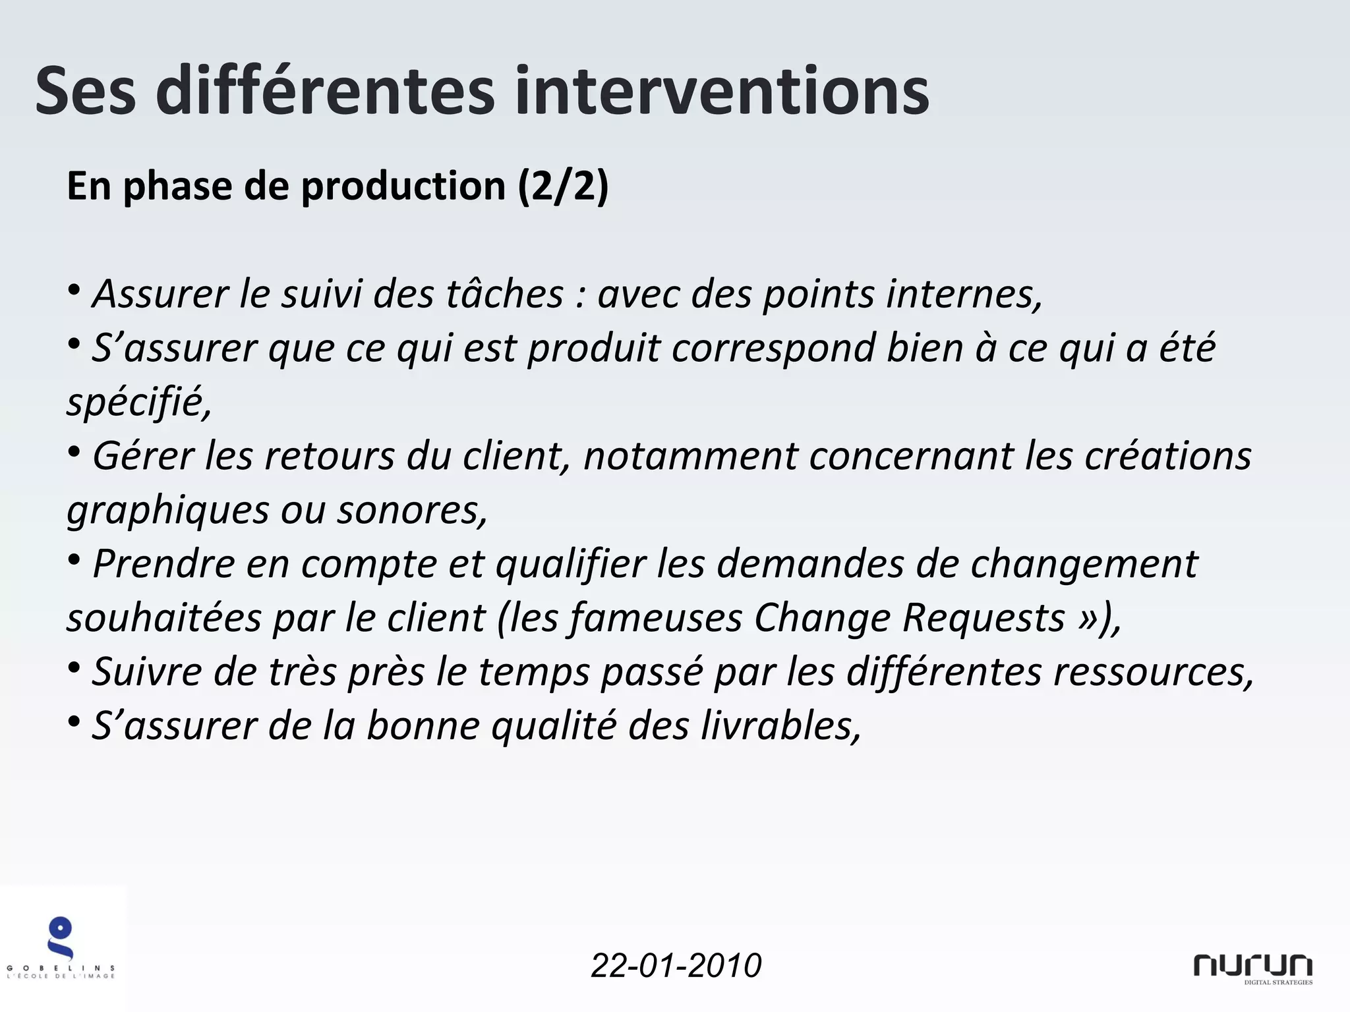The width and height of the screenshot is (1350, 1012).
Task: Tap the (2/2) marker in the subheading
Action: click(563, 186)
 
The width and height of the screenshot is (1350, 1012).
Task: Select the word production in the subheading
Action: click(403, 186)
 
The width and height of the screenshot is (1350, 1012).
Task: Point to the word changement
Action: click(1084, 565)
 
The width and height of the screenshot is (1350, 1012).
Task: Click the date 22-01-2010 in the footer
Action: click(676, 965)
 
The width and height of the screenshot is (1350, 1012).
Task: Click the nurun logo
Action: click(1252, 967)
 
